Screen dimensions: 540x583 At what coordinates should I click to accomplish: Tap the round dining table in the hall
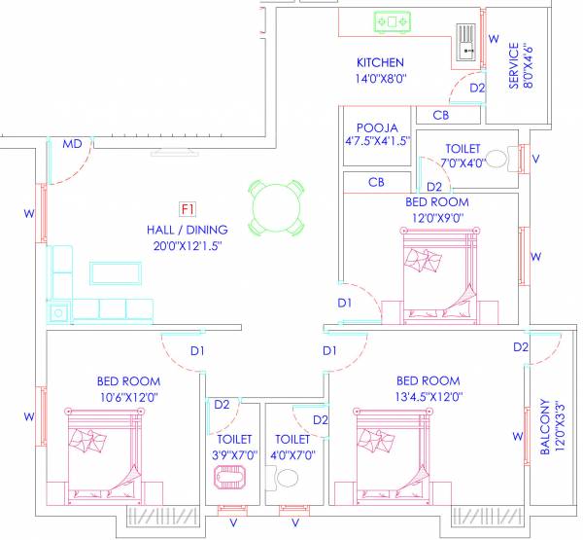273,205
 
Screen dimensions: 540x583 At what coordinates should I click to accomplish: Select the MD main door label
72,144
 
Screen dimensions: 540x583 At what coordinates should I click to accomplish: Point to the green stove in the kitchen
394,20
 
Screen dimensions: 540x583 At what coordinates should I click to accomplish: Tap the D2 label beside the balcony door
521,347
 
